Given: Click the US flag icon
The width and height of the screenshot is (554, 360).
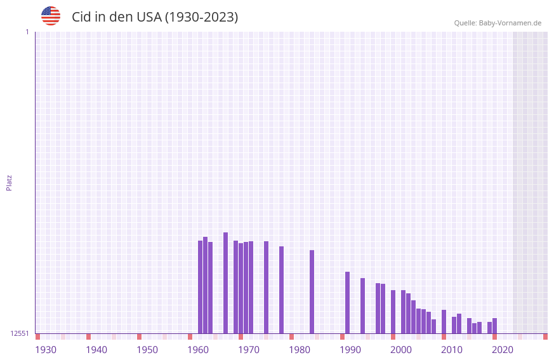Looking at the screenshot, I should [51, 16].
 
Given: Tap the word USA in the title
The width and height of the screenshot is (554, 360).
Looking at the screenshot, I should [148, 17].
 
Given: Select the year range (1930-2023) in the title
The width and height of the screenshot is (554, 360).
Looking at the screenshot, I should [201, 17].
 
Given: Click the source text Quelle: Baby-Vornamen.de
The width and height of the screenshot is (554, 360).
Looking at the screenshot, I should [498, 23].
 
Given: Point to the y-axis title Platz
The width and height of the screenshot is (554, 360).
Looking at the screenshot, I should [9, 182].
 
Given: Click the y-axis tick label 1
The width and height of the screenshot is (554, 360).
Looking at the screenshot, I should [27, 32].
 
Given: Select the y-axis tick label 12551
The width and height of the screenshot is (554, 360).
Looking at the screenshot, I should [19, 333].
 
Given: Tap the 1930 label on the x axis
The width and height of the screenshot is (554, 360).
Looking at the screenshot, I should [46, 350].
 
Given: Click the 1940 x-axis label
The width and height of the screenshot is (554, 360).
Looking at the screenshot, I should [96, 350].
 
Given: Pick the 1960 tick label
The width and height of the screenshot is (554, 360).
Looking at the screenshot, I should [198, 350].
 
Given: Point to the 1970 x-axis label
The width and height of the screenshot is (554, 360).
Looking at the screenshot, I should [249, 350].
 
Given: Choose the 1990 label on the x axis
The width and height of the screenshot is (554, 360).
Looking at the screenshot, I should [350, 350].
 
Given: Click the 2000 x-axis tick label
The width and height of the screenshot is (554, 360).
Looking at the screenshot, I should [401, 350].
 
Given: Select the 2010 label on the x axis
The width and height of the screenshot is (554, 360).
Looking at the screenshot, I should [452, 350].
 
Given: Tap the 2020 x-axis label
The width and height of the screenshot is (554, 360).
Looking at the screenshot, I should [503, 350].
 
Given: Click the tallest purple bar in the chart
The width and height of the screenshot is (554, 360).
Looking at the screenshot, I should [225, 283].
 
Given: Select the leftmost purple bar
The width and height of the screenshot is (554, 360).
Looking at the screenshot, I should [200, 286].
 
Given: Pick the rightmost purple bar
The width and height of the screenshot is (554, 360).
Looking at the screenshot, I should [494, 326].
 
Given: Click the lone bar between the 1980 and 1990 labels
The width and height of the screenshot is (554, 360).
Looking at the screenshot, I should [312, 291].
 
